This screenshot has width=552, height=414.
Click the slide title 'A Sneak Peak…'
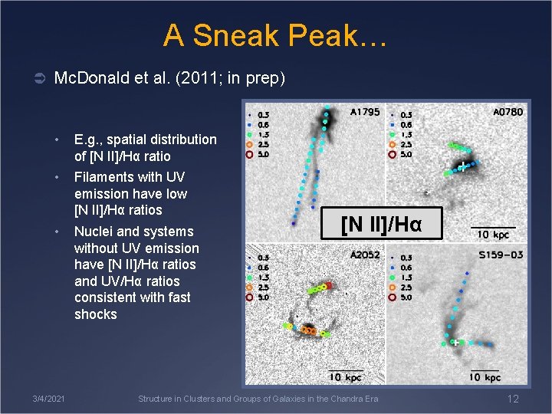(275, 35)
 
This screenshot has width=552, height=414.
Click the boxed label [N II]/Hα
(381, 225)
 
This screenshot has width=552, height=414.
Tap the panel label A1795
(364, 112)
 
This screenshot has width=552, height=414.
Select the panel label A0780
(508, 112)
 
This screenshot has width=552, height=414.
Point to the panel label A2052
(365, 255)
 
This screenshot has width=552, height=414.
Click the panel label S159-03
(502, 255)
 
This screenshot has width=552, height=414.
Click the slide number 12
(513, 399)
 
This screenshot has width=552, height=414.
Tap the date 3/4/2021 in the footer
(48, 399)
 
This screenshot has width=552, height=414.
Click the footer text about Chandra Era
(258, 399)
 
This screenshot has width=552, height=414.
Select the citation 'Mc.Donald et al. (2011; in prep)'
(169, 77)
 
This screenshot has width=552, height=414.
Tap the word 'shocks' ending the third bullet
(96, 314)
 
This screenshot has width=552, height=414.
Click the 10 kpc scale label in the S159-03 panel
(485, 376)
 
